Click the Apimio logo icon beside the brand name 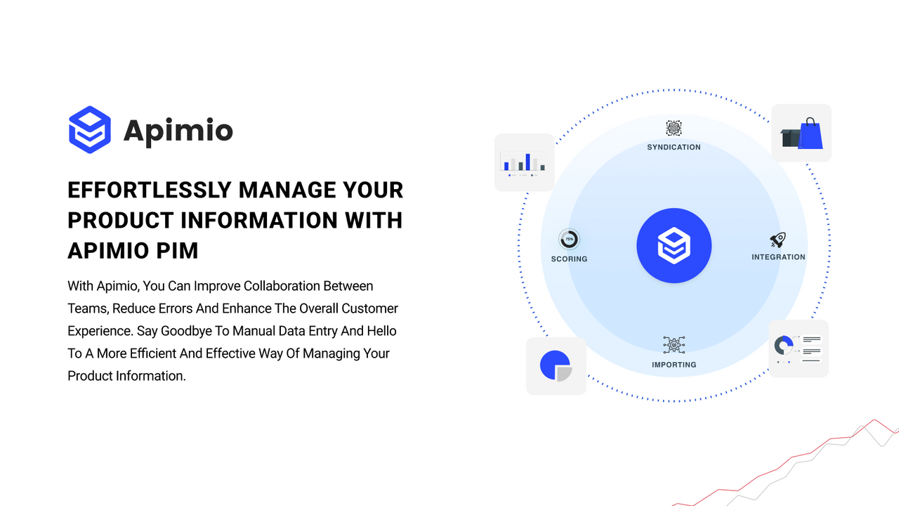pyautogui.click(x=90, y=129)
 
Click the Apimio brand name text pyautogui.click(x=178, y=131)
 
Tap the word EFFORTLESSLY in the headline pyautogui.click(x=149, y=190)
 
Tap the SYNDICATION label pyautogui.click(x=674, y=148)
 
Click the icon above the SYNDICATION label pyautogui.click(x=674, y=129)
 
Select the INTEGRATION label pyautogui.click(x=778, y=257)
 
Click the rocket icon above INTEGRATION pyautogui.click(x=777, y=240)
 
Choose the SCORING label pyautogui.click(x=569, y=259)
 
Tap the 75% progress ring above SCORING pyautogui.click(x=569, y=240)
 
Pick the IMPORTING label pyautogui.click(x=674, y=365)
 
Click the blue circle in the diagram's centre pyautogui.click(x=674, y=246)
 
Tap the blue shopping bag pyautogui.click(x=811, y=135)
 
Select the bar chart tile pyautogui.click(x=524, y=162)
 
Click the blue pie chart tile pyautogui.click(x=556, y=366)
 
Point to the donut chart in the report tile pyautogui.click(x=784, y=345)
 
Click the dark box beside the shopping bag pyautogui.click(x=791, y=137)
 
